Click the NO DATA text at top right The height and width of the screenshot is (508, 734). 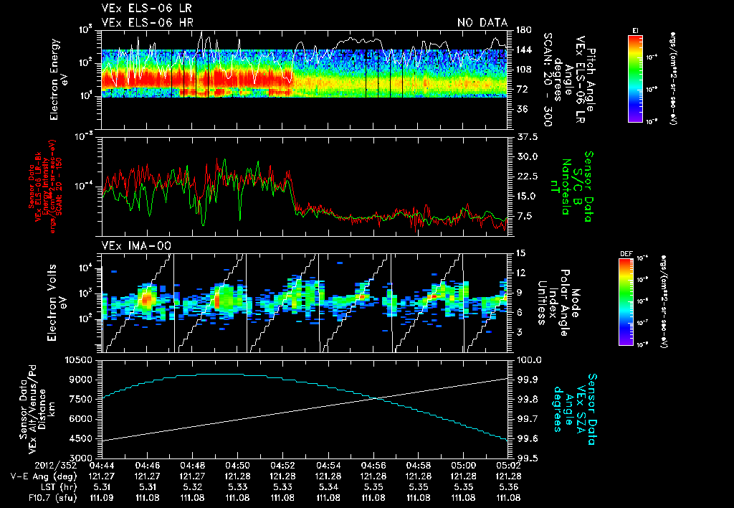point(482,23)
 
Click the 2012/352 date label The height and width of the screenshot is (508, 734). point(30,465)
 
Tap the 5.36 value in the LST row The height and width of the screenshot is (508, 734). point(508,486)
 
